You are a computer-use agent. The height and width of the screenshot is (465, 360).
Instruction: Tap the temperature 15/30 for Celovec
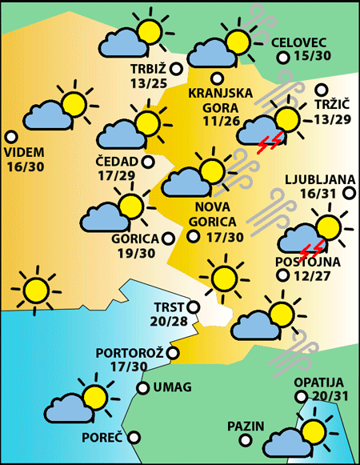click(312, 56)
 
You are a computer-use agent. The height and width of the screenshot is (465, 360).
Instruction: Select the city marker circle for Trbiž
click(177, 70)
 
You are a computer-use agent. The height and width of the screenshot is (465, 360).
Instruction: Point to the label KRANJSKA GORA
click(220, 100)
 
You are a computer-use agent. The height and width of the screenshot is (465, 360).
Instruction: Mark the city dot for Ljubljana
click(349, 192)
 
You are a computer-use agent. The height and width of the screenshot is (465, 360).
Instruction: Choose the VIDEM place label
click(25, 152)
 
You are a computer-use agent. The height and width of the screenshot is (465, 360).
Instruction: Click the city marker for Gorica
click(168, 238)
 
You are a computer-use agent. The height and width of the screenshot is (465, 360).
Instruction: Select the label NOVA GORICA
click(210, 214)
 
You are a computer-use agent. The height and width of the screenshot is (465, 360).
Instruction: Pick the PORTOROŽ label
click(130, 352)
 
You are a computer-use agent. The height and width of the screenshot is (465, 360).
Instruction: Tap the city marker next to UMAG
click(143, 388)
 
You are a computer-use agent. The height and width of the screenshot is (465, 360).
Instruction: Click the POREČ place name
click(102, 438)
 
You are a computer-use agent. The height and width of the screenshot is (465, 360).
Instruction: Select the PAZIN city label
click(245, 425)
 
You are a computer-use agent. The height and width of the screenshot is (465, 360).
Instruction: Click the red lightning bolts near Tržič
click(270, 142)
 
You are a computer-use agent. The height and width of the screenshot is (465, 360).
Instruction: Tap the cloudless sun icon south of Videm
click(35, 290)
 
